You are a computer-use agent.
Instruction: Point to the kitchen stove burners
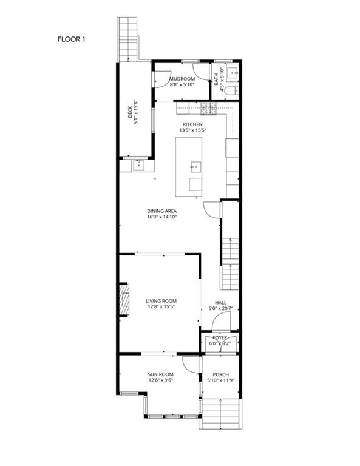coord(209,109)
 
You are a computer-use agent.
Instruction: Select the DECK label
coord(129,112)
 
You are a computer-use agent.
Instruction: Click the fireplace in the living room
coord(124,300)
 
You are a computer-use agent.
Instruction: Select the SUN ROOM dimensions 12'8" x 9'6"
coord(161,380)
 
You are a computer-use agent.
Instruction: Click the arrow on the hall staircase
coord(230,255)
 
